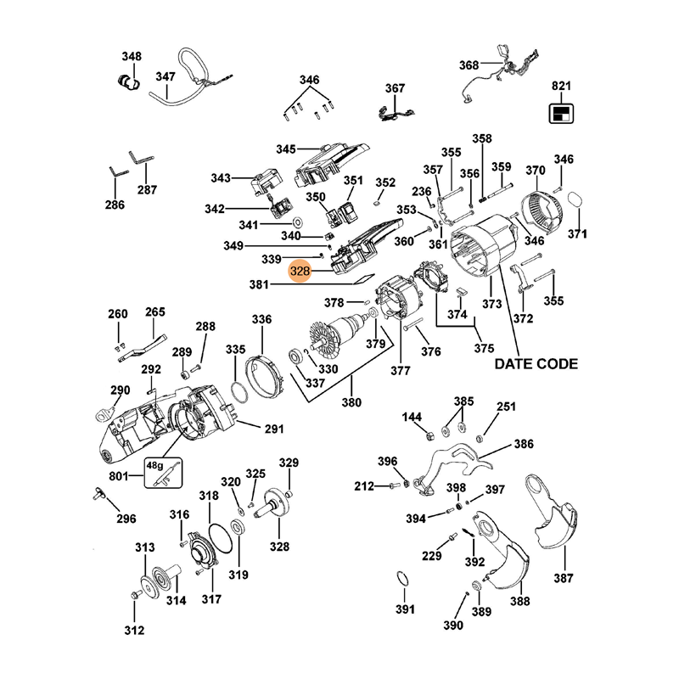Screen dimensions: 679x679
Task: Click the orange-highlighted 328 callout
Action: (x=300, y=272)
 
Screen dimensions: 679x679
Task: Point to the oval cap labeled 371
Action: (x=575, y=202)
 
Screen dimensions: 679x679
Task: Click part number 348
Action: (x=132, y=57)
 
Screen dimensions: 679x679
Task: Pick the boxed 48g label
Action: (x=154, y=465)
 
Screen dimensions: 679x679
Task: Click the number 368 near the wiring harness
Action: (x=469, y=65)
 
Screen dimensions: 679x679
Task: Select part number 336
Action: (x=261, y=320)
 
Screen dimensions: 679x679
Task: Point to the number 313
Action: (x=145, y=547)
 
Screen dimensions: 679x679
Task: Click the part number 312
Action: (x=134, y=630)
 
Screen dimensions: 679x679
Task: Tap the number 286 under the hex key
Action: (x=114, y=205)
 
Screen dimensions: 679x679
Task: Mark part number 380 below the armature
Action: (x=351, y=401)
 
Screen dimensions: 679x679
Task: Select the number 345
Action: (x=285, y=149)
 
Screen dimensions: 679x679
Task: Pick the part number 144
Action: (x=412, y=417)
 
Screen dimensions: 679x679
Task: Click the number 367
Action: (x=396, y=88)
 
